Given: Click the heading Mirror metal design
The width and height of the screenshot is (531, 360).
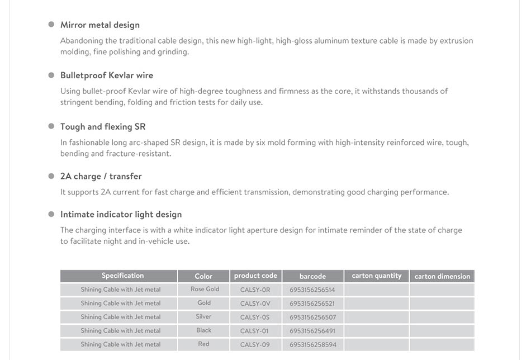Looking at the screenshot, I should coord(100,25).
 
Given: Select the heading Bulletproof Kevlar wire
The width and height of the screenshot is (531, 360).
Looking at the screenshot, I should coord(107,75).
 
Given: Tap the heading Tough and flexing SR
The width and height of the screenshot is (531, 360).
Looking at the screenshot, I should coord(103,127).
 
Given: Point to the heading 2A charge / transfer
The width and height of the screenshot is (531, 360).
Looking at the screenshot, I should coord(101,177).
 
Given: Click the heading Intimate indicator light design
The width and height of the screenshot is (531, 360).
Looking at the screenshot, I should coord(121,215).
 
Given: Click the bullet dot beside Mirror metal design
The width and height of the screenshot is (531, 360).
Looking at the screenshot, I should coord(51,25).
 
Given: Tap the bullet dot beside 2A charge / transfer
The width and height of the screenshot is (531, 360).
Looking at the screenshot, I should coord(51,176).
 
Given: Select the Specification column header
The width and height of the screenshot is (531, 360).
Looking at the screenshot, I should coord(122,276).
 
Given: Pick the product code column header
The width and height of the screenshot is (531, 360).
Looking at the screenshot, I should coord(255,276).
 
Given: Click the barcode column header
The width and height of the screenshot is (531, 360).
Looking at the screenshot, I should coord(312,276).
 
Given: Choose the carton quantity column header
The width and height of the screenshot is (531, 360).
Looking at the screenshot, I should coord(377,276).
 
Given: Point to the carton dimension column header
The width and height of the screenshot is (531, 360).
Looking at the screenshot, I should coord(442,276).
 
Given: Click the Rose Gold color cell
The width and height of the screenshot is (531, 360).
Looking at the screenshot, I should coord(205,290).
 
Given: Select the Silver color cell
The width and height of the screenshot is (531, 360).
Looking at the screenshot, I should coord(204,317).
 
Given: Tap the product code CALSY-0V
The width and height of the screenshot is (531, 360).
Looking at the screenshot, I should coord(255,304).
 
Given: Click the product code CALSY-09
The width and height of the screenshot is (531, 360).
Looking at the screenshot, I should coord(255,345).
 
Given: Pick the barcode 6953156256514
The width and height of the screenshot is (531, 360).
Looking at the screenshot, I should coord(312,290).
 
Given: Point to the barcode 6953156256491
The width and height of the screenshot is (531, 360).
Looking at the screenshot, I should coord(312,331).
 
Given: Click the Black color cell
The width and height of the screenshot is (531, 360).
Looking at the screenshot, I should coord(204,331).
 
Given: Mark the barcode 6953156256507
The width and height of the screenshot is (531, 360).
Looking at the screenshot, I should coord(312,318).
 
